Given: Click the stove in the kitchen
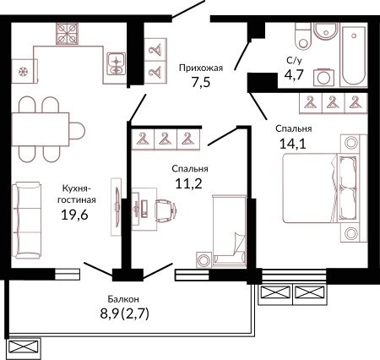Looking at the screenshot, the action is (x=67, y=34).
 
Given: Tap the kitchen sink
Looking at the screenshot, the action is (x=116, y=64).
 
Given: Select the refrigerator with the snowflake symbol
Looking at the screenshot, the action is (x=24, y=71).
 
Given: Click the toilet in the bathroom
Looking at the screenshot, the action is (x=303, y=35).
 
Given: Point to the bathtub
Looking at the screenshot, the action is (x=354, y=55).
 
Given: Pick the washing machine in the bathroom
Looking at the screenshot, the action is (x=323, y=77).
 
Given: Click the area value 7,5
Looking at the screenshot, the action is (x=201, y=83).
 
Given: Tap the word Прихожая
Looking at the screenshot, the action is (x=201, y=68).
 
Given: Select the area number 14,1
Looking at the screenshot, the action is (x=293, y=144).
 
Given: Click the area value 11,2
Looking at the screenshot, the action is (x=188, y=184).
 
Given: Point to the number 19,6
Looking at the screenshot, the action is (x=74, y=215).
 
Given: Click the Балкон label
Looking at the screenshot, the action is (x=123, y=299).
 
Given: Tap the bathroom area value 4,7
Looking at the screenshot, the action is (x=294, y=75).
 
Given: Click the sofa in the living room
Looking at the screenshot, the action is (x=27, y=221).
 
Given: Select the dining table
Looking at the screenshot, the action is (x=41, y=129).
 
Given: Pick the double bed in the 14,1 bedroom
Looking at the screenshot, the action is (x=321, y=188).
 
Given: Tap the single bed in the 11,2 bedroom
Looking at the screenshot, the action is (x=230, y=230).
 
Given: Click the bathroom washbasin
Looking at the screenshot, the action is (x=326, y=31).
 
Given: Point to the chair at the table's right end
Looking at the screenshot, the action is (x=77, y=130).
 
